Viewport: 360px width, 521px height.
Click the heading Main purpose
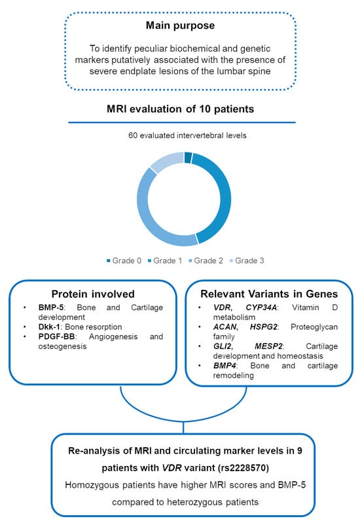[x=180, y=26]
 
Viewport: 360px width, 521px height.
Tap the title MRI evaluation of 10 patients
[x=180, y=109]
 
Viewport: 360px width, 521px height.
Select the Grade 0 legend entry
[x=124, y=260]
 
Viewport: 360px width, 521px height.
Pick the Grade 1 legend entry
[x=165, y=260]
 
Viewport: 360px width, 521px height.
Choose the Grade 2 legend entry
[x=206, y=260]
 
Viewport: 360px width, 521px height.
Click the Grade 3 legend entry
[x=247, y=260]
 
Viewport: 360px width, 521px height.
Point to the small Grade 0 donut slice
[x=188, y=158]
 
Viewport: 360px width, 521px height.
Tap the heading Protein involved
[x=93, y=294]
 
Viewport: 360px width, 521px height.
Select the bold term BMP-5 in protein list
[x=50, y=308]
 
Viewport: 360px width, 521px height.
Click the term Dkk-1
[x=49, y=327]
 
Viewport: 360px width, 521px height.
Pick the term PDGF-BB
[x=56, y=336]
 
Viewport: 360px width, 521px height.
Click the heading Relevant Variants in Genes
[x=269, y=294]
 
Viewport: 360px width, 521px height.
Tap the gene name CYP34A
[x=261, y=308]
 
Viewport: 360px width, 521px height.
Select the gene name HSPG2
[x=264, y=327]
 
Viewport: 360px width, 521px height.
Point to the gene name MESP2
[x=268, y=346]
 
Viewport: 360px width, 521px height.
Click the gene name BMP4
[x=225, y=365]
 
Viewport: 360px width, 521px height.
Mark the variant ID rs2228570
[x=243, y=468]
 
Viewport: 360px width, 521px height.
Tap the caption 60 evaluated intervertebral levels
[x=187, y=135]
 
